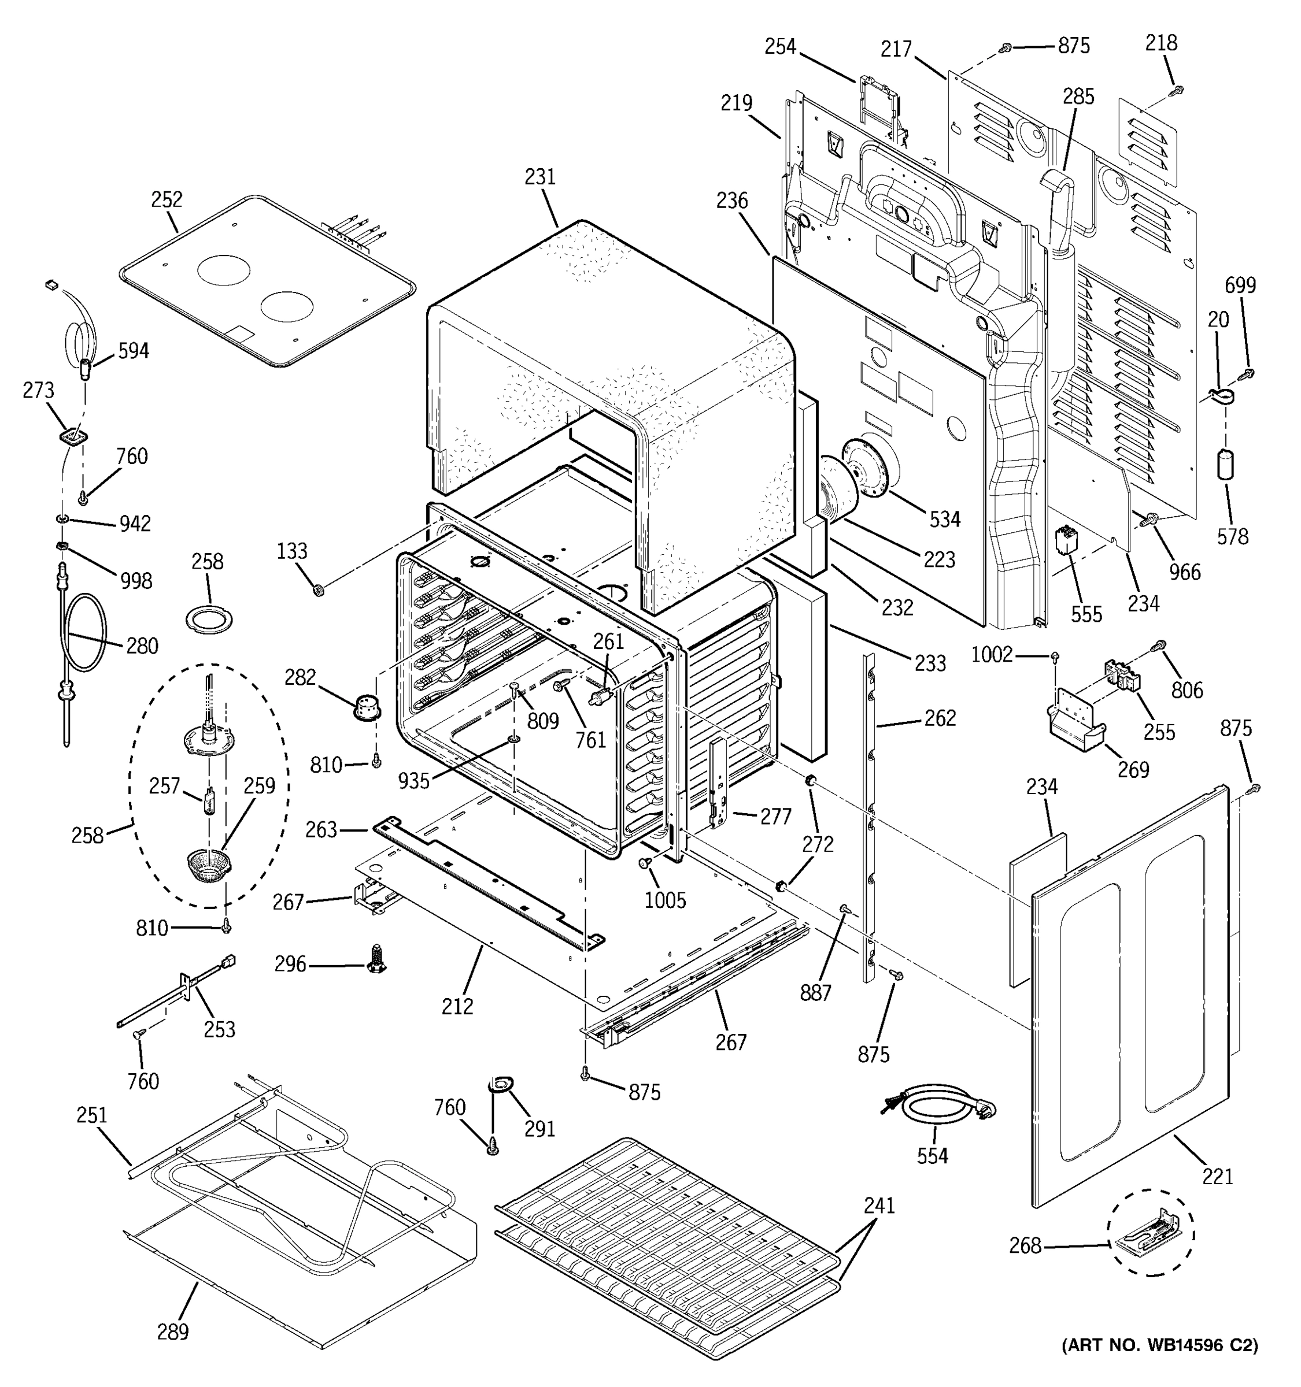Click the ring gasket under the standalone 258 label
pyautogui.click(x=209, y=619)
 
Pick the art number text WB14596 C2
pyautogui.click(x=1159, y=1364)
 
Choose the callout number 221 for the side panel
pyautogui.click(x=1217, y=1176)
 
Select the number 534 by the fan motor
pyautogui.click(x=944, y=519)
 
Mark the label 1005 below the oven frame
pyautogui.click(x=664, y=900)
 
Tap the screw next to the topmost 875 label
pyautogui.click(x=1006, y=47)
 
